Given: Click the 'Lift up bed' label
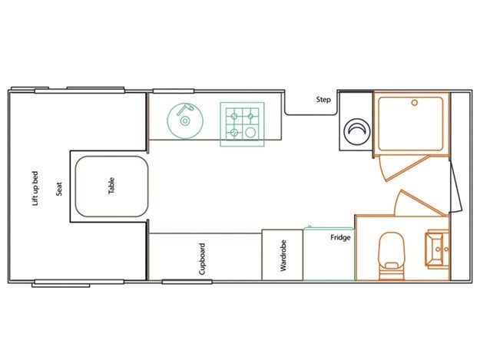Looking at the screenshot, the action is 35,188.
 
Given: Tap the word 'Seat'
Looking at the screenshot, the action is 59,189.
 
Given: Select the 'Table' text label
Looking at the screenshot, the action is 111,186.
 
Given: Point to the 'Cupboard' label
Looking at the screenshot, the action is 202,259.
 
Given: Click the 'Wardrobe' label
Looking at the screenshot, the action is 283,256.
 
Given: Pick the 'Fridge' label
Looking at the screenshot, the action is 340,237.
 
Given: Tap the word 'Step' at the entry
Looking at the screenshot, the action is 323,100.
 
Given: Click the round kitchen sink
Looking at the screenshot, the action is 185,121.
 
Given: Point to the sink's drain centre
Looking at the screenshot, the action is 184,121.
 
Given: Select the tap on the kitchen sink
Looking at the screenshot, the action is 186,108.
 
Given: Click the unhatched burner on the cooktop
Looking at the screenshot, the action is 250,133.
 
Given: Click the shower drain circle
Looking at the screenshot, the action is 415,103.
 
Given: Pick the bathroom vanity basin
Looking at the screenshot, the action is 434,249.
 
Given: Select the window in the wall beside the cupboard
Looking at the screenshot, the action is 187,282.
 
